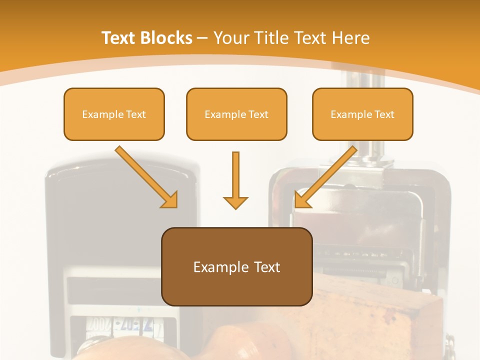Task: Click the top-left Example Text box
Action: (x=114, y=114)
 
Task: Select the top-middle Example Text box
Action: (x=236, y=114)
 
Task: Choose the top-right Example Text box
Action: (x=362, y=114)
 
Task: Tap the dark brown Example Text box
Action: (x=236, y=267)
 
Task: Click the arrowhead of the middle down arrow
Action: (x=235, y=202)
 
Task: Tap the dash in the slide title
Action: (x=202, y=38)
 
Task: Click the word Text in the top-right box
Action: (x=384, y=114)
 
